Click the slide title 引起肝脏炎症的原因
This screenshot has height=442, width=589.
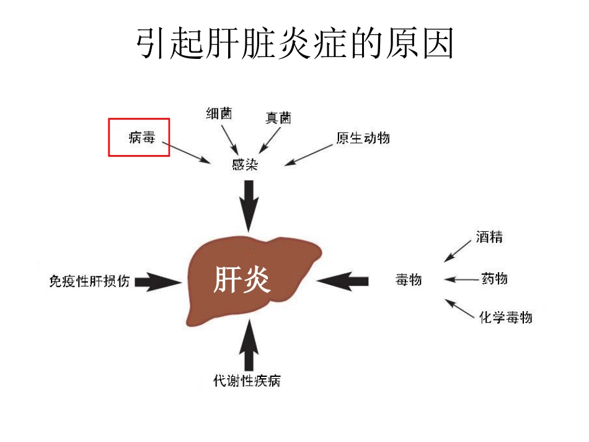(x=294, y=44)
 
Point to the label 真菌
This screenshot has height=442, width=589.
(x=278, y=118)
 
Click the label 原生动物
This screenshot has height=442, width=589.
(x=363, y=138)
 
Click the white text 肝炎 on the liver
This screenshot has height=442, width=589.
(x=242, y=280)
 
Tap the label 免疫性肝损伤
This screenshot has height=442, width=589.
(x=89, y=281)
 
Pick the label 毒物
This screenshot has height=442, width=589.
(x=409, y=280)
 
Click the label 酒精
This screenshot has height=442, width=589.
(x=489, y=236)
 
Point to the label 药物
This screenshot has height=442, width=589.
(x=494, y=278)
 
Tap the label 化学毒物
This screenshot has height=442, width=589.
(x=505, y=317)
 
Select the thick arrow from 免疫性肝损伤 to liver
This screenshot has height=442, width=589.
(x=159, y=281)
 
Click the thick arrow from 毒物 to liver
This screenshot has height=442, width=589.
(x=343, y=280)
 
